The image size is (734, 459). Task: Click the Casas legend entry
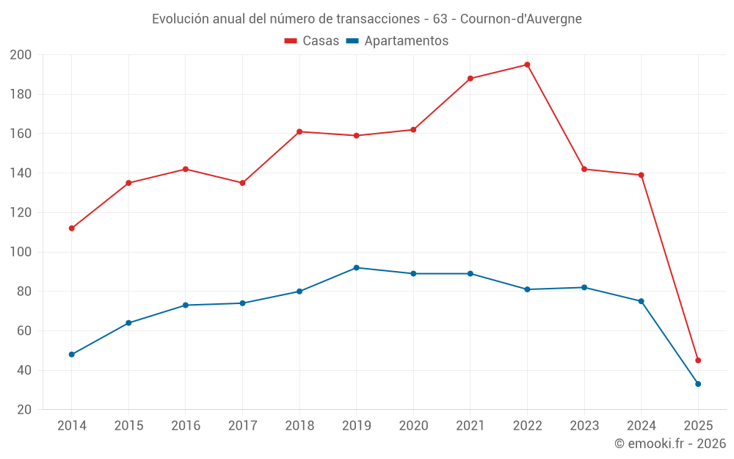312,41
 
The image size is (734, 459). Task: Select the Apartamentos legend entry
397,41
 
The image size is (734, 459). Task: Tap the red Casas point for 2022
527,65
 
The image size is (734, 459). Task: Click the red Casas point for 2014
72,228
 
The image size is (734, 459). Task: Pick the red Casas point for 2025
698,361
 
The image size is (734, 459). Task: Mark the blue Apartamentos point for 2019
357,268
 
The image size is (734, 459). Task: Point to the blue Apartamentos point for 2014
72,355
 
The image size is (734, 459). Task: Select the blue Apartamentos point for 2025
698,384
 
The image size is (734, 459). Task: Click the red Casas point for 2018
299,131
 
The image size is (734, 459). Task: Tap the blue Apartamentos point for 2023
584,287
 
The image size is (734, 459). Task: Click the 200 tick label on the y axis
21,55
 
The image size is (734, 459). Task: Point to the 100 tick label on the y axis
21,252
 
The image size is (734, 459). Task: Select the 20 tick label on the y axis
24,410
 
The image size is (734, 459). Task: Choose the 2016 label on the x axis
186,426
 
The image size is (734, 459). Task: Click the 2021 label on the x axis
470,426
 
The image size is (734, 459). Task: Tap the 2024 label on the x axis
641,426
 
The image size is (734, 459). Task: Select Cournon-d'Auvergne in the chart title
520,19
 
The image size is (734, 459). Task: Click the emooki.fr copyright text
670,444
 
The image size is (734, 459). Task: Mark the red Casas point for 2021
470,79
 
